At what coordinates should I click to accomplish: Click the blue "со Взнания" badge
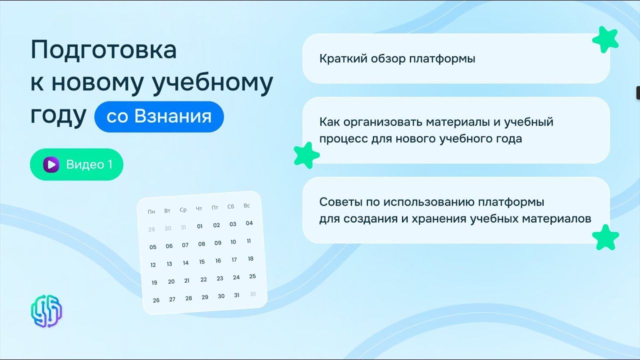coord(159,117)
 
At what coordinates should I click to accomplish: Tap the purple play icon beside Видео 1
coord(51,164)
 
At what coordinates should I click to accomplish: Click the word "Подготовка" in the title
coord(103,50)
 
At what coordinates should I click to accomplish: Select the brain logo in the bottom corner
coord(46,310)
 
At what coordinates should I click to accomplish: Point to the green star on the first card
coord(605,39)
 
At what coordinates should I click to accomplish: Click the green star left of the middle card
coord(306,155)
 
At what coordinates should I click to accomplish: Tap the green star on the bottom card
coord(605,237)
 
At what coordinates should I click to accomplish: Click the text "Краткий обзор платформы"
coord(397,58)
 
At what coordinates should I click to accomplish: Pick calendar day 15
coord(201,261)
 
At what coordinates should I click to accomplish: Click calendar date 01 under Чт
coord(199,226)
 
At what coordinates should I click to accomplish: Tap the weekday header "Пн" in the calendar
coord(151,211)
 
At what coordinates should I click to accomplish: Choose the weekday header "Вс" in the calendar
coord(246,205)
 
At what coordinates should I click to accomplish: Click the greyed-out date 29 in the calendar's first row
coord(151,229)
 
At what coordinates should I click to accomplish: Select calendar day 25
coord(252,276)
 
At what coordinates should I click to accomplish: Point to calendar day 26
coord(156,300)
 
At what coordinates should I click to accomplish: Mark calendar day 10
coord(233,242)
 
